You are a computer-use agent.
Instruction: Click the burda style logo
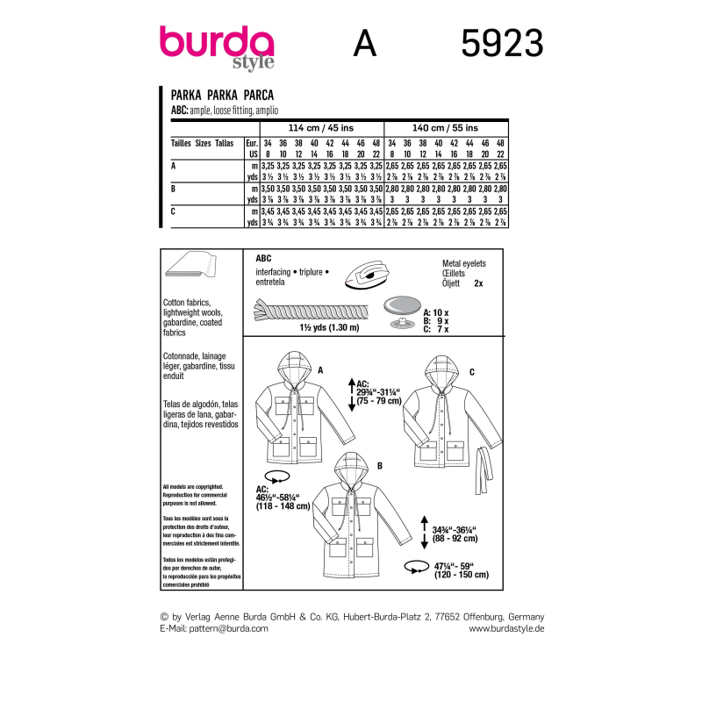(216, 45)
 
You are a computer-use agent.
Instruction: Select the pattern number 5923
(501, 43)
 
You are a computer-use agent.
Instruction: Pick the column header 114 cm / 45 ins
(321, 127)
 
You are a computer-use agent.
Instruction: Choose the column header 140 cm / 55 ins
(446, 127)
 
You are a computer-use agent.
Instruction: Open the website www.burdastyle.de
(506, 629)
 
